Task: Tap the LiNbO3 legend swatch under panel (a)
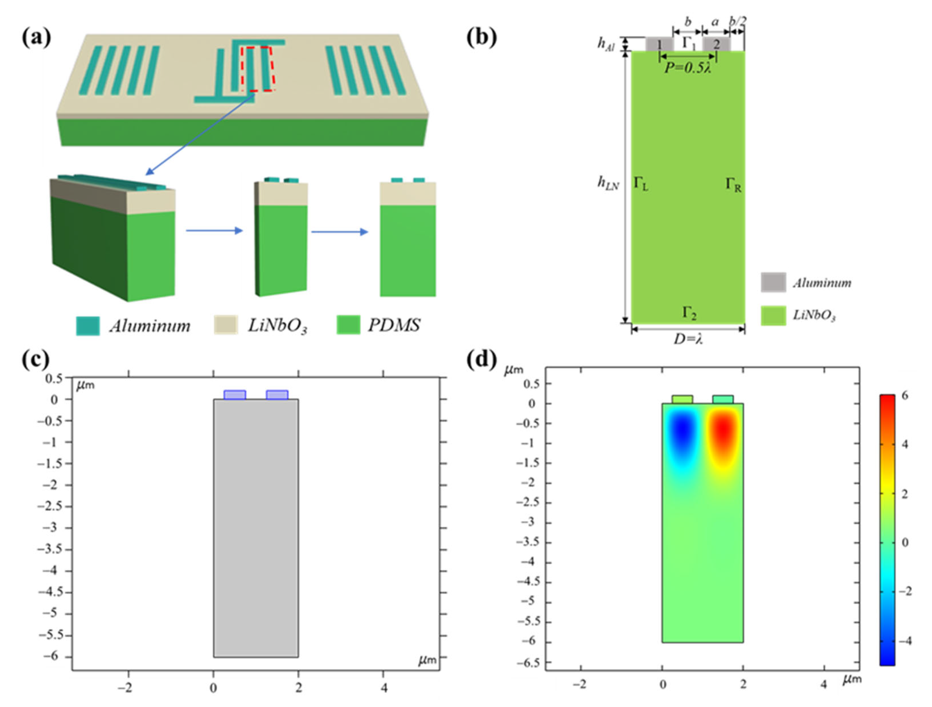pyautogui.click(x=226, y=325)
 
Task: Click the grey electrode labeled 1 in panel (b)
pyautogui.click(x=659, y=44)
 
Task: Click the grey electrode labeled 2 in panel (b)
pyautogui.click(x=716, y=44)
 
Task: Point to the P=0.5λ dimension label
pyautogui.click(x=688, y=67)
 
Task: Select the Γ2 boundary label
pyautogui.click(x=689, y=313)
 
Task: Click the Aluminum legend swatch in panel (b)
pyautogui.click(x=773, y=282)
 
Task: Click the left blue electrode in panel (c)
pyautogui.click(x=235, y=395)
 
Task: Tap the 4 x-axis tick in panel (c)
pyautogui.click(x=383, y=688)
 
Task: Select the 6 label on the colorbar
pyautogui.click(x=904, y=396)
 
